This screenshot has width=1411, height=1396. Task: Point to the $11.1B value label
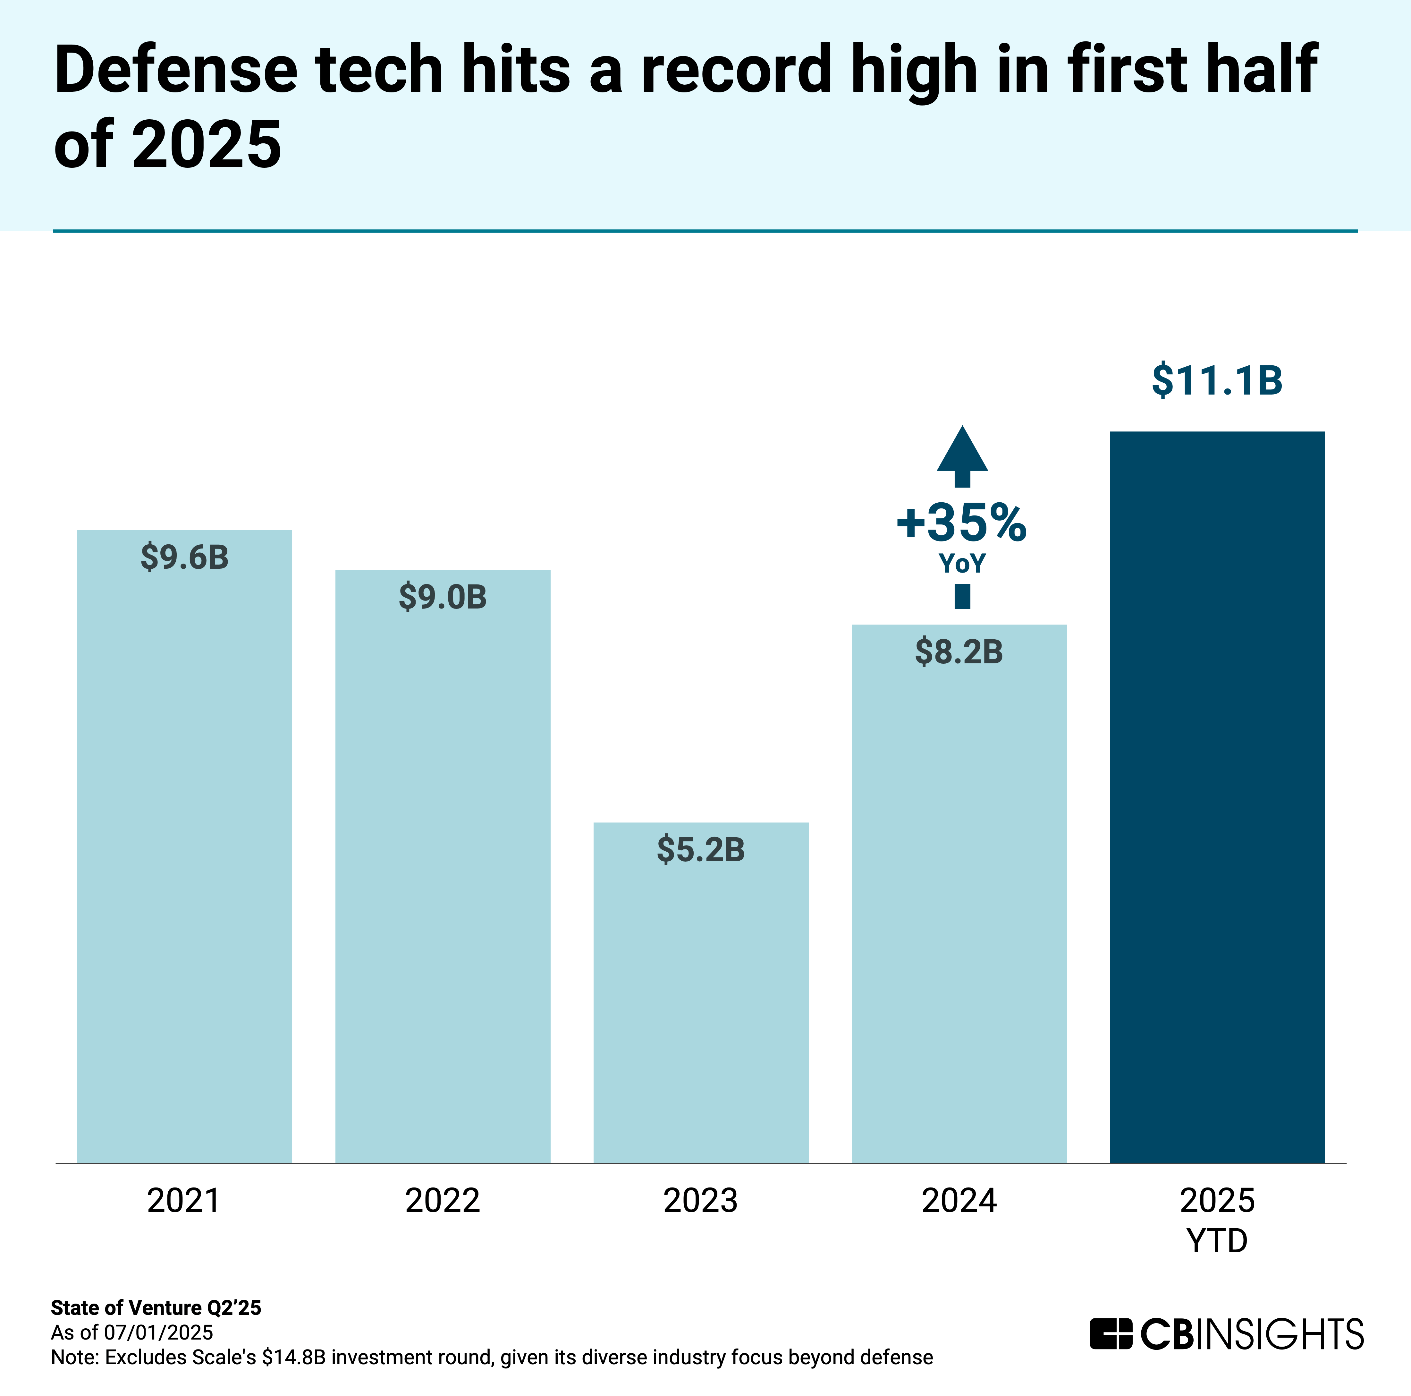pyautogui.click(x=1217, y=380)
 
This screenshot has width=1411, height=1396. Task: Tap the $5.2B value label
pyautogui.click(x=700, y=850)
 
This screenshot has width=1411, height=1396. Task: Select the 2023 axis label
pyautogui.click(x=700, y=1200)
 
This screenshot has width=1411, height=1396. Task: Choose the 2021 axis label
pyautogui.click(x=184, y=1200)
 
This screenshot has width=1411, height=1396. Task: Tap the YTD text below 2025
pyautogui.click(x=1217, y=1240)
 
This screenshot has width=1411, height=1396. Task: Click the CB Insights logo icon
pyautogui.click(x=1110, y=1334)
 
